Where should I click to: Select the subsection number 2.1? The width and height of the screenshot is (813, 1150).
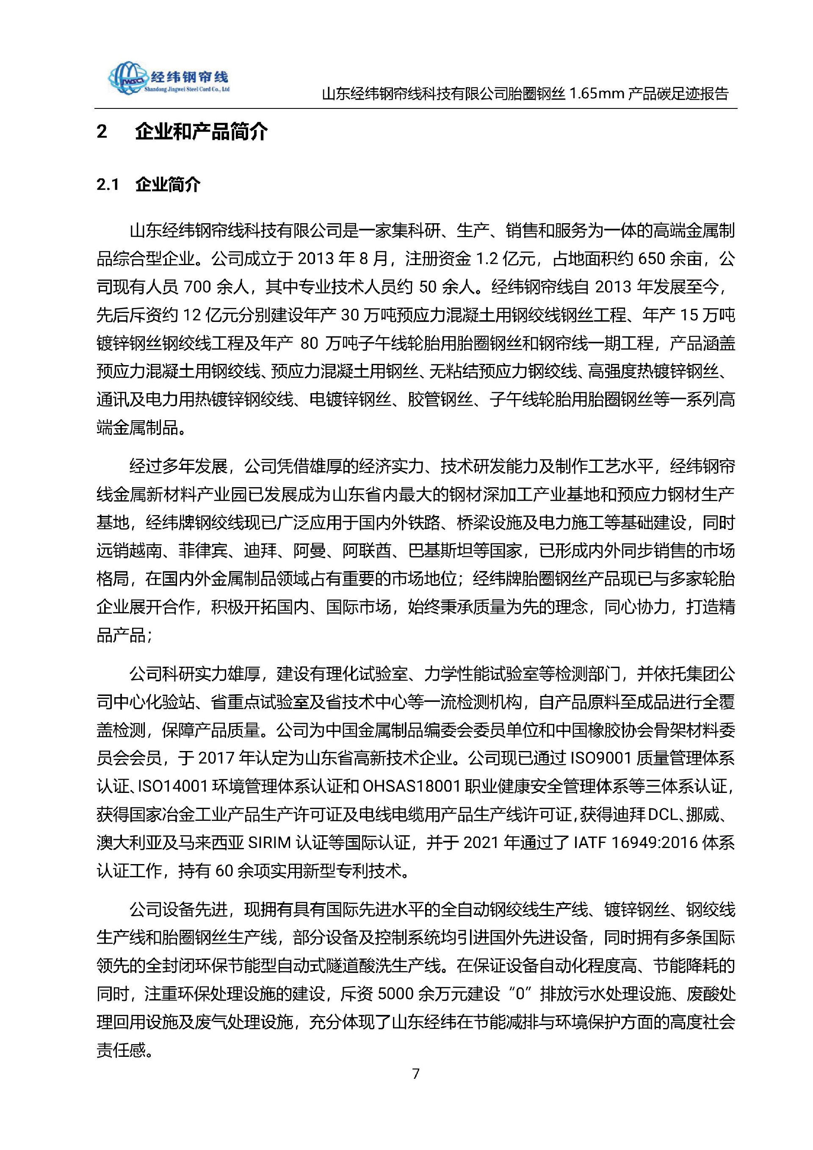(108, 185)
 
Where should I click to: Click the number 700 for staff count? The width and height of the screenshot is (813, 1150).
(200, 287)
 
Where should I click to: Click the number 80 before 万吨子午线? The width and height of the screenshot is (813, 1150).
(310, 344)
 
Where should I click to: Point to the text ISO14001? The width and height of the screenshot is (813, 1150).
(173, 787)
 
